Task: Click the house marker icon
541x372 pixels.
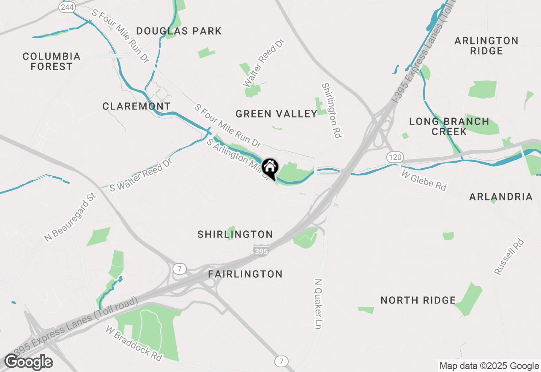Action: [270, 168]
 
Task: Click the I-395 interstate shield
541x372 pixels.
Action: [262, 251]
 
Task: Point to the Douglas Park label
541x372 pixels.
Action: [179, 31]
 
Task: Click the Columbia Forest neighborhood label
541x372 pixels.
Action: [52, 61]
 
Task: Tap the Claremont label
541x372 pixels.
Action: [137, 106]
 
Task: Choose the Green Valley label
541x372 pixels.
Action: [276, 114]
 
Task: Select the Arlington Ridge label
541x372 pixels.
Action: [486, 46]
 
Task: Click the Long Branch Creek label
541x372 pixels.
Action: [449, 126]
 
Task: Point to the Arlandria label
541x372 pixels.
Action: [501, 197]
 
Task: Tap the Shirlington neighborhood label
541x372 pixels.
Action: [235, 234]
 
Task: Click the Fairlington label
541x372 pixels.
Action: [246, 274]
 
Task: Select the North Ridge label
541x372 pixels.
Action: [418, 300]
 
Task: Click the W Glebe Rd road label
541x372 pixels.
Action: [424, 181]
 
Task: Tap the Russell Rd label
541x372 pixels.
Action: [509, 257]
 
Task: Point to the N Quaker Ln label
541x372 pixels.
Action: [318, 304]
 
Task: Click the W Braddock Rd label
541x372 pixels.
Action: [134, 343]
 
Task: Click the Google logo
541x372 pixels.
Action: [28, 362]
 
